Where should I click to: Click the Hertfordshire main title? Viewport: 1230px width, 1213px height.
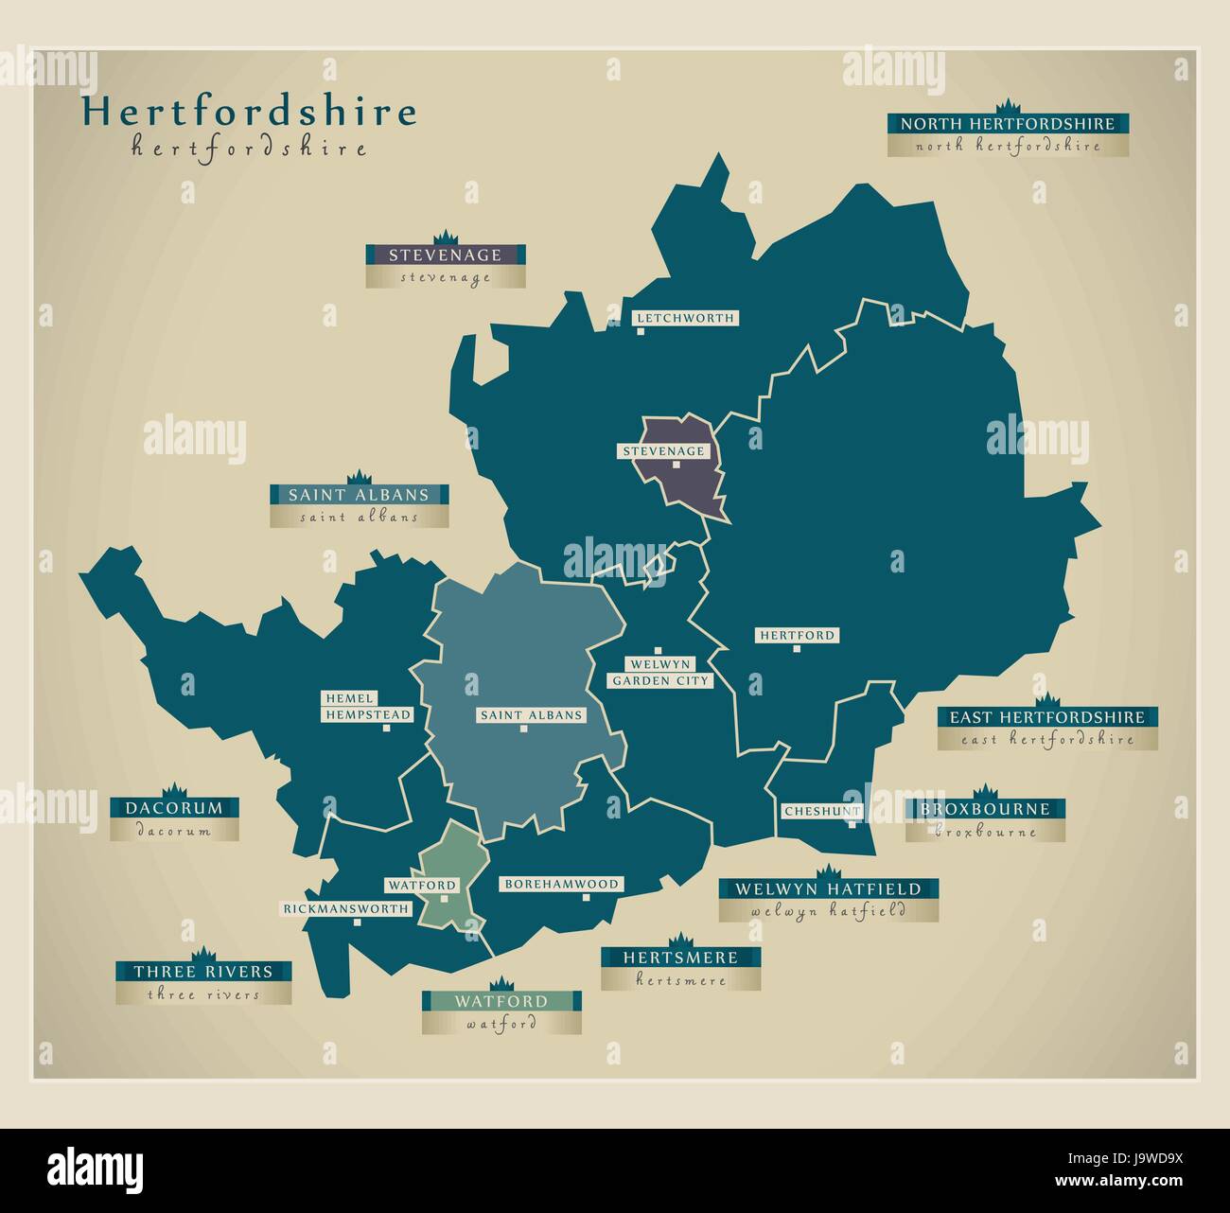coord(248,113)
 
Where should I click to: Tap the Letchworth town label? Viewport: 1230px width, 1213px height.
coord(684,318)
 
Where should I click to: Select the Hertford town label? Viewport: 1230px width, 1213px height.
coord(797,636)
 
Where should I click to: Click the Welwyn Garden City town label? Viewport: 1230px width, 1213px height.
coord(659,672)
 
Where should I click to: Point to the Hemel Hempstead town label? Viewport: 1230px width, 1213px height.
coord(367,707)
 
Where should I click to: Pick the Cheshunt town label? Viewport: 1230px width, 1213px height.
coord(821,812)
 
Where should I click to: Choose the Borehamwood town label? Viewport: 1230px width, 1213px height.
coord(561,884)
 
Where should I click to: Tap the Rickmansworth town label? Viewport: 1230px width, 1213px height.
coord(346,908)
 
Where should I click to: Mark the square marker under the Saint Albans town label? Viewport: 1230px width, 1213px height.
coord(522,729)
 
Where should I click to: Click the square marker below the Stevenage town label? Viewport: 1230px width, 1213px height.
coord(676,465)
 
